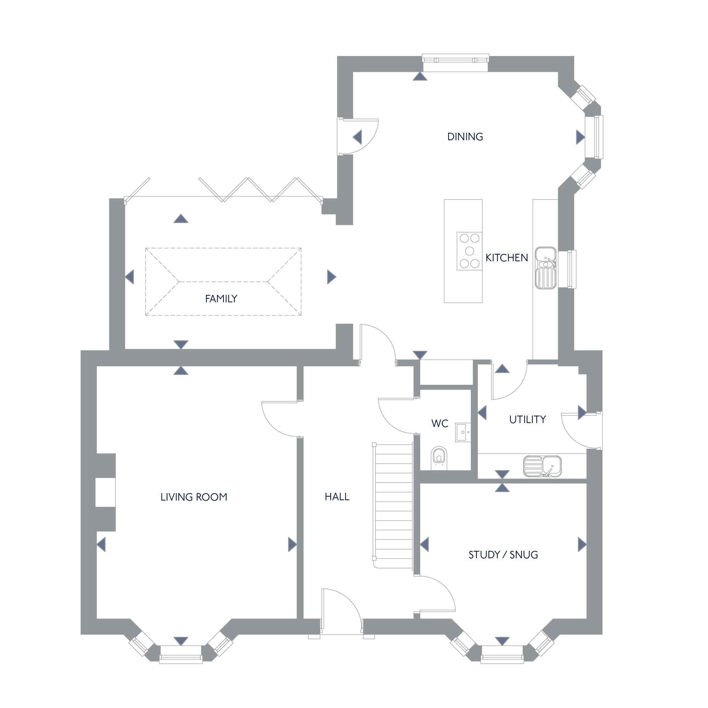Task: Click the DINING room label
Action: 465,137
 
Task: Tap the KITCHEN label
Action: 507,258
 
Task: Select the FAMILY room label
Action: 221,299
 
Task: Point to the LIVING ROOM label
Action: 194,497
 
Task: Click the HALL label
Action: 337,497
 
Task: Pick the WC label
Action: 440,424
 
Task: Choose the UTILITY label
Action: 528,419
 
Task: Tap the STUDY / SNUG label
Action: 503,555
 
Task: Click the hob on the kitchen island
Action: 469,251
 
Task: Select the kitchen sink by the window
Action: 546,268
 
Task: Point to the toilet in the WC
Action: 439,458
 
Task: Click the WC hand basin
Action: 463,433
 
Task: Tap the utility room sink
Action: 542,466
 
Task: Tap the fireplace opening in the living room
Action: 105,492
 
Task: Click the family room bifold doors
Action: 223,190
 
